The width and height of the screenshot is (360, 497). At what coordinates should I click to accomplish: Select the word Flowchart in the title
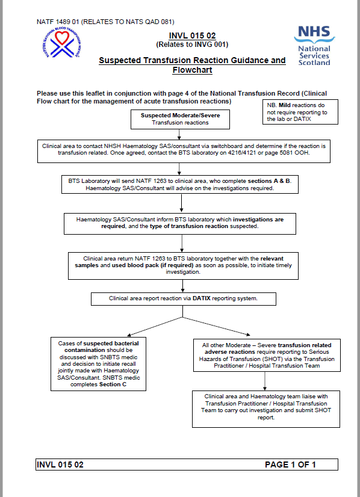tap(192, 70)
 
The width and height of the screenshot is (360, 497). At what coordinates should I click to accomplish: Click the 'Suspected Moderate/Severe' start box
tap(180, 119)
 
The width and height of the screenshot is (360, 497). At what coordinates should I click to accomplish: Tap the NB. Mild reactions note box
tap(297, 111)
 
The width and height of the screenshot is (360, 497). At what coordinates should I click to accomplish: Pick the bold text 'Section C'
tap(113, 384)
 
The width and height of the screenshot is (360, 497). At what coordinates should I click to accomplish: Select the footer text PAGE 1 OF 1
tap(290, 465)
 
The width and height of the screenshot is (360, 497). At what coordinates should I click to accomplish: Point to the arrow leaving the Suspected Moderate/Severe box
tap(180, 135)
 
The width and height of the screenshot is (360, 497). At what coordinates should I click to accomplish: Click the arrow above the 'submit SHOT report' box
tap(264, 381)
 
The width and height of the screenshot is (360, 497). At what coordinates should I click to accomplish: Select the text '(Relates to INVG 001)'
tap(192, 45)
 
